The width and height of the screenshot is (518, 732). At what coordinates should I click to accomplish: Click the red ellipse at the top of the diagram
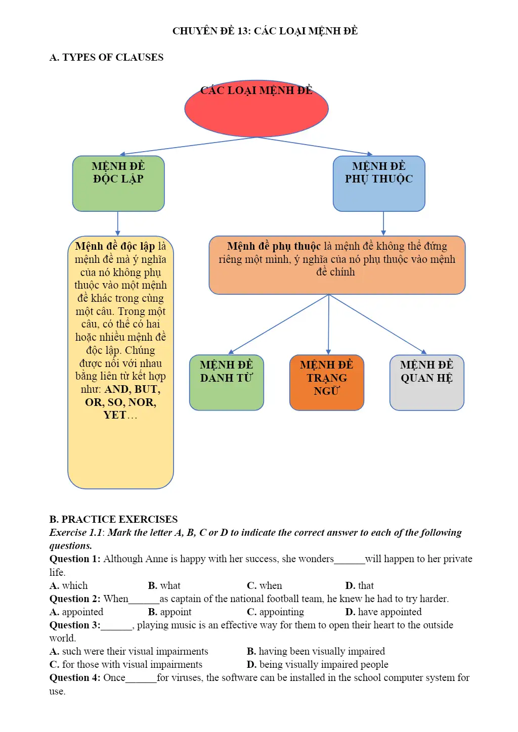point(256,109)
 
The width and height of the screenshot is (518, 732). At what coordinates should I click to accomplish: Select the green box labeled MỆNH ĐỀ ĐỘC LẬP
point(118,184)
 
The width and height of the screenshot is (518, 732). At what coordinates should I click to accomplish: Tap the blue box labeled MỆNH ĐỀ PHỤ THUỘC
point(379,184)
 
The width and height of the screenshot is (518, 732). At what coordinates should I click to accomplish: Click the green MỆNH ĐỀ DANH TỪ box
point(226,382)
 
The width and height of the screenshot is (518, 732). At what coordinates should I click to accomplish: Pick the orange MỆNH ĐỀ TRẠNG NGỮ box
point(327,382)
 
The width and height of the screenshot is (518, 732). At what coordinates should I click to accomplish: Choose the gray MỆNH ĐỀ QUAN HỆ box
point(427,382)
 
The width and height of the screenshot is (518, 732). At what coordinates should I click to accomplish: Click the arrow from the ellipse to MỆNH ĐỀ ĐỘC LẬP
point(188,146)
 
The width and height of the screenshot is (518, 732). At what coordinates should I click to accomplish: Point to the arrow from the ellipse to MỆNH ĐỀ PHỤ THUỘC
point(315,146)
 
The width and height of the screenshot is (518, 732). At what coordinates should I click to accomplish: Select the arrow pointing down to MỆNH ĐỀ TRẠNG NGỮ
point(329,324)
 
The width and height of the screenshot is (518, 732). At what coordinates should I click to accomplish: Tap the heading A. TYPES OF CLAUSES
point(106,57)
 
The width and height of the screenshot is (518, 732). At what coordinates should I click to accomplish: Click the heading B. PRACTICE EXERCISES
point(113,519)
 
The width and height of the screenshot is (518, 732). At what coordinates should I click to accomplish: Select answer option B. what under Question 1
point(164,585)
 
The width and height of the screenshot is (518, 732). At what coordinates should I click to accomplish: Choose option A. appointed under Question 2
point(76,612)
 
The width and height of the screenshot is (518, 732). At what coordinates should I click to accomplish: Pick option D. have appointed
point(383,612)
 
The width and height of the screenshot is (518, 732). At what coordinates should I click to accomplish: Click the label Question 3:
point(75,625)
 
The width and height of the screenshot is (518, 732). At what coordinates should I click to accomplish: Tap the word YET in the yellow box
point(115,415)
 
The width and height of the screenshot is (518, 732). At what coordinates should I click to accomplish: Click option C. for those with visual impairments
point(126,664)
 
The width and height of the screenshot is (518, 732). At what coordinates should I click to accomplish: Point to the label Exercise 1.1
point(76,532)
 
